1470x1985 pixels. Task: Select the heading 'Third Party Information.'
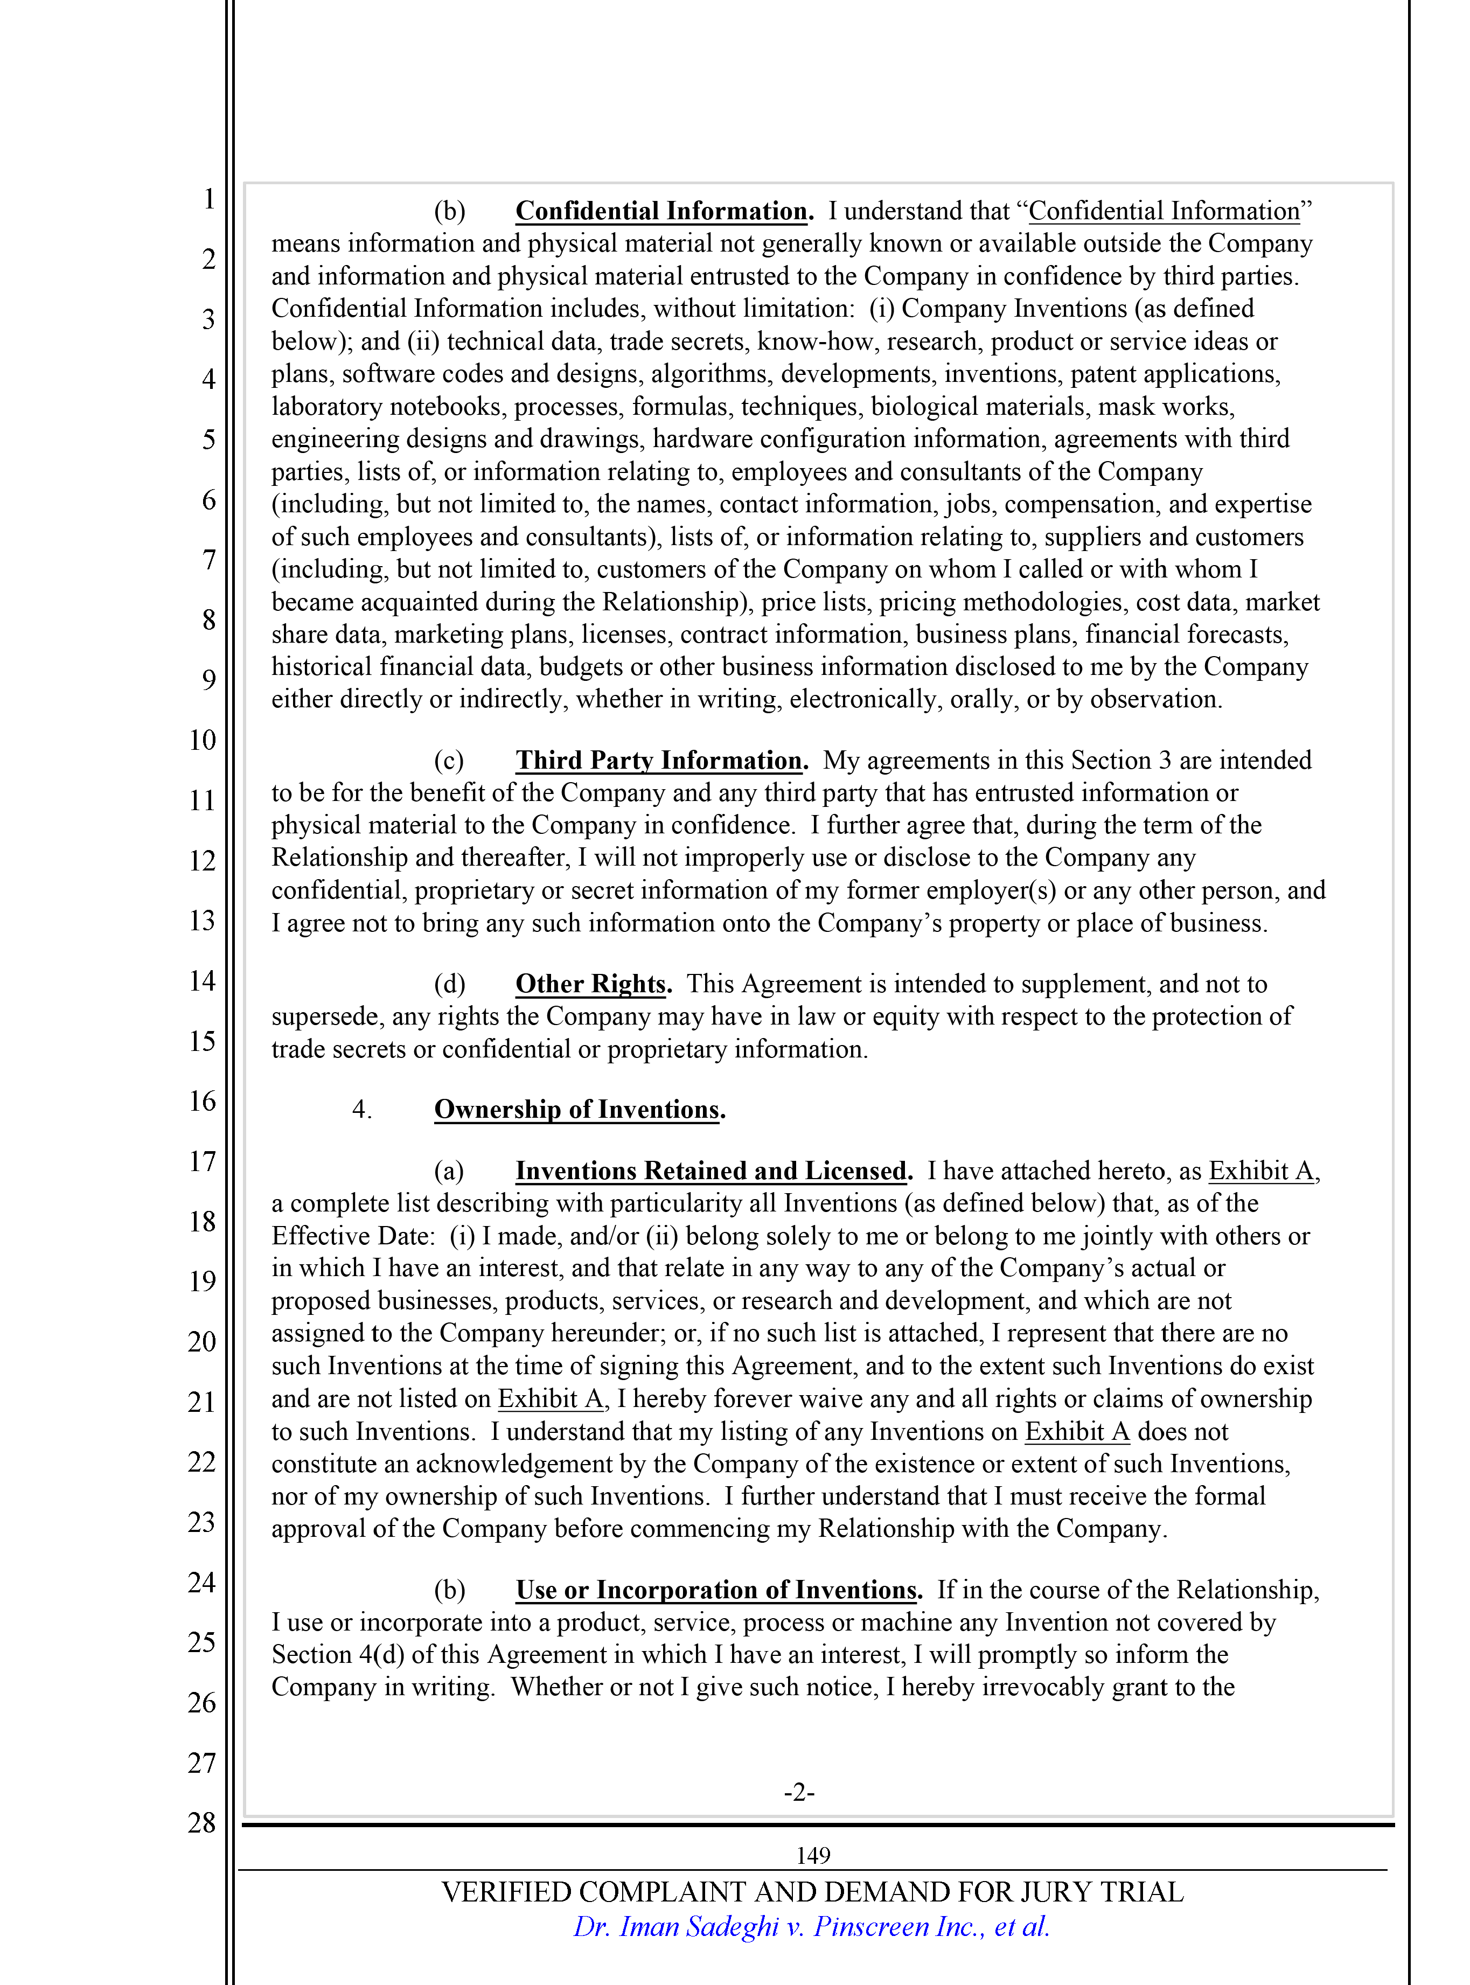tap(661, 760)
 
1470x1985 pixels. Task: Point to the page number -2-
tap(799, 1791)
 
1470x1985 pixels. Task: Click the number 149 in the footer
tap(812, 1855)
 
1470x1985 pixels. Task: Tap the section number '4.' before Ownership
tap(361, 1110)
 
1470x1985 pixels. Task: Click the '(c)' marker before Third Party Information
tap(449, 761)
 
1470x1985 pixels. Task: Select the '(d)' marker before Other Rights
tap(449, 984)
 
